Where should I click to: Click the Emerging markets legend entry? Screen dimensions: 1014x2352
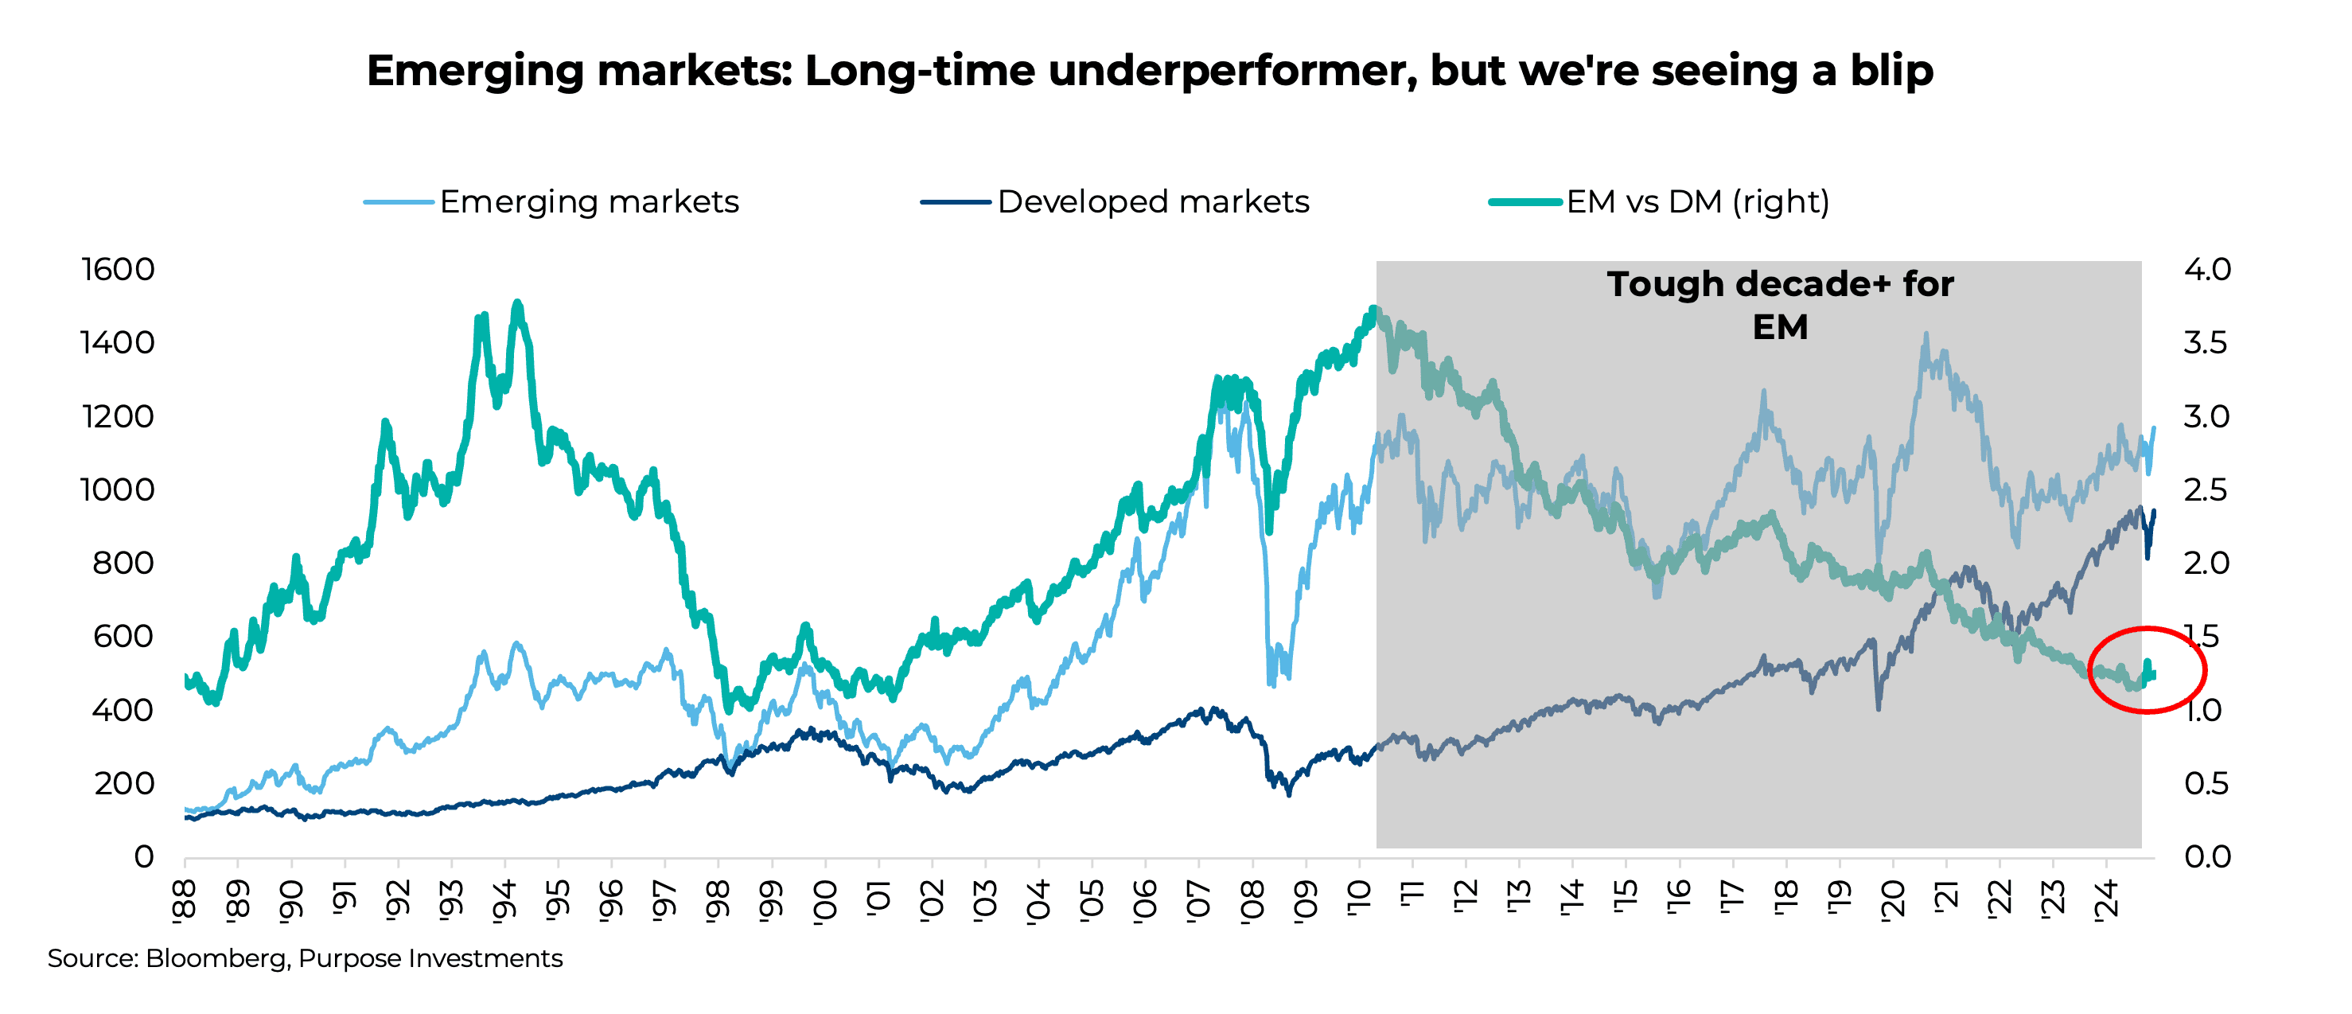tap(588, 202)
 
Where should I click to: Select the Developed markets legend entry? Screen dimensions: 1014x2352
tap(1152, 202)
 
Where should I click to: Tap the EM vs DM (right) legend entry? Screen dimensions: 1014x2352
tap(1696, 202)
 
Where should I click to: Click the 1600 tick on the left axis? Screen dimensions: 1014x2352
tap(118, 270)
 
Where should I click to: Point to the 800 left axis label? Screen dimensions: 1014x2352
tap(123, 563)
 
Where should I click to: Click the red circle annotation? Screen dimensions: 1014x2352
tap(2147, 669)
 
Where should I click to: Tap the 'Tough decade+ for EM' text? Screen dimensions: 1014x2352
tap(1780, 305)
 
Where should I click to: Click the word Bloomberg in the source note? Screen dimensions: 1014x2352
tap(216, 958)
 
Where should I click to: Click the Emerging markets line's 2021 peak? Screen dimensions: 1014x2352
tap(1926, 336)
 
